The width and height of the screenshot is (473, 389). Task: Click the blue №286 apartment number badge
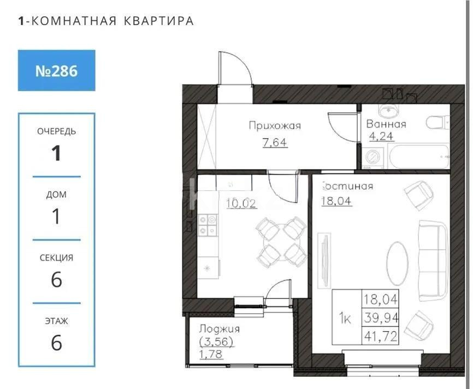click(x=56, y=70)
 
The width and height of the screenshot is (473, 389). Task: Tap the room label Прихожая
click(x=275, y=126)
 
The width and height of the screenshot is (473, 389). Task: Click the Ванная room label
click(x=386, y=124)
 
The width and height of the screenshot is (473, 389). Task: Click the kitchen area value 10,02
click(x=241, y=204)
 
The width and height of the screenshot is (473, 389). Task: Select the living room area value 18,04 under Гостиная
click(x=337, y=200)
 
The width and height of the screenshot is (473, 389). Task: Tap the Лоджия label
click(x=219, y=329)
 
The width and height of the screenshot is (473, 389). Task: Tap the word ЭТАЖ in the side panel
click(x=56, y=321)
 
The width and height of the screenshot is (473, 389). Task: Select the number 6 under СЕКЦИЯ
click(x=56, y=280)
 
